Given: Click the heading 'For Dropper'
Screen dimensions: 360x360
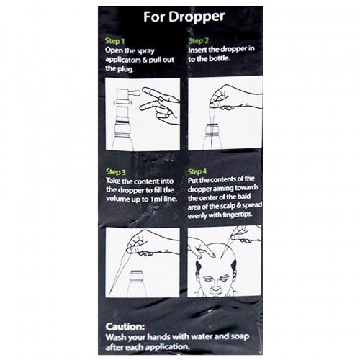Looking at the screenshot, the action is [184, 17].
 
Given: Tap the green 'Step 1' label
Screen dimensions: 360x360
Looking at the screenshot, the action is [114, 41].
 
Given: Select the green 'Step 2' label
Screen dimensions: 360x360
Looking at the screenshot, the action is [198, 41].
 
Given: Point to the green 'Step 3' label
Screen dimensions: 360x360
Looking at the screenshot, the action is [116, 171].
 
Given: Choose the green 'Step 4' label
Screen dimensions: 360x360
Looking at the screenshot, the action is [197, 171].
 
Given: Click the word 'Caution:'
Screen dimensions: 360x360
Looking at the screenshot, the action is [125, 326].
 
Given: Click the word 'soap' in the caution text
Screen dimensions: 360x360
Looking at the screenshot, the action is [240, 337].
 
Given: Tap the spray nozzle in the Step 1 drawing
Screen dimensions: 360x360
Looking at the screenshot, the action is [135, 92].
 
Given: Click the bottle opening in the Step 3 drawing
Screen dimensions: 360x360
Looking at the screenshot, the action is [136, 272].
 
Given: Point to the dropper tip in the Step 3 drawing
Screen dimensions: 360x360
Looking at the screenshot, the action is [110, 294].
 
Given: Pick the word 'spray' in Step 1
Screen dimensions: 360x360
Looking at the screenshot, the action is [145, 51].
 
